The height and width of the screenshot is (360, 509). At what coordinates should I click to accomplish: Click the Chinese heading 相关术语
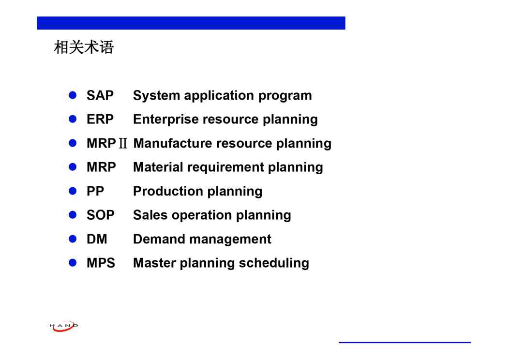point(84,47)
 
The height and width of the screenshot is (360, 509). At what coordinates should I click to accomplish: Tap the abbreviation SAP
point(100,95)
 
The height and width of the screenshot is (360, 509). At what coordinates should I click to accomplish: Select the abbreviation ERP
point(100,119)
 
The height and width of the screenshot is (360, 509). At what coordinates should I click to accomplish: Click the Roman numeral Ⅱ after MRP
point(123,143)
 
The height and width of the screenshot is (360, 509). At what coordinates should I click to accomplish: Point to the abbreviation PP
point(95,191)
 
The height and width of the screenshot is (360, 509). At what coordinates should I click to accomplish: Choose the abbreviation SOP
point(100,215)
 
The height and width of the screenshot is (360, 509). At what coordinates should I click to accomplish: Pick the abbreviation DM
point(97,239)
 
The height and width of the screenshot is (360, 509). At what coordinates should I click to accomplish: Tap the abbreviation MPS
point(101,263)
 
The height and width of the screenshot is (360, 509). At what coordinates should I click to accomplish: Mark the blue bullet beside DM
point(73,239)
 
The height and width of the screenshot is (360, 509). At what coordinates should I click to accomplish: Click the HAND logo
point(64,326)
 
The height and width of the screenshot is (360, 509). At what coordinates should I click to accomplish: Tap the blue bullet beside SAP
point(73,95)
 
